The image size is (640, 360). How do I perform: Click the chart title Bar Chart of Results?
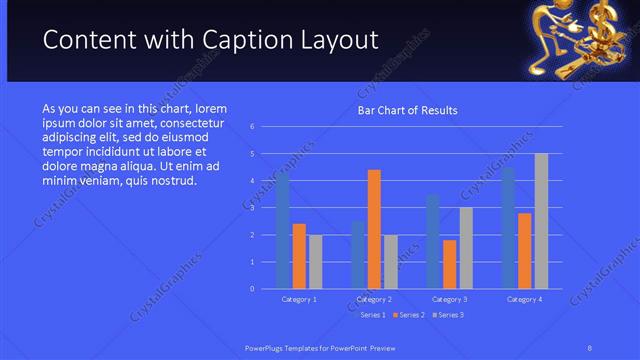coord(408,110)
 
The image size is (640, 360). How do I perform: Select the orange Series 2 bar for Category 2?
coord(374,229)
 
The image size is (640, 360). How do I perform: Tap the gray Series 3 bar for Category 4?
coord(541,221)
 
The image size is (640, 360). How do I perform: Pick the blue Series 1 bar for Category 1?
coord(283,231)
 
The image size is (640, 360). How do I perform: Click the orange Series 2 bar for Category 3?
coord(449,264)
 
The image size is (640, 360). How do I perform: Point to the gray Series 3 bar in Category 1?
coord(315,261)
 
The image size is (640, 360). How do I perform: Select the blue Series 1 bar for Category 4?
coord(508,227)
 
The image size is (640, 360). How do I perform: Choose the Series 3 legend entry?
coord(448,315)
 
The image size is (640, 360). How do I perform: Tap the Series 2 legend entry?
coord(411,315)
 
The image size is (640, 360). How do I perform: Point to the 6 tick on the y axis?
coord(253,126)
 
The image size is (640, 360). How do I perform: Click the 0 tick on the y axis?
coord(253,289)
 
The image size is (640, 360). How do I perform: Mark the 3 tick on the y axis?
coord(253,208)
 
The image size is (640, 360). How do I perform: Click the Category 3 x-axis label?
coord(449,299)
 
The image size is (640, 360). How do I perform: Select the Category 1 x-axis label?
coord(299,299)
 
